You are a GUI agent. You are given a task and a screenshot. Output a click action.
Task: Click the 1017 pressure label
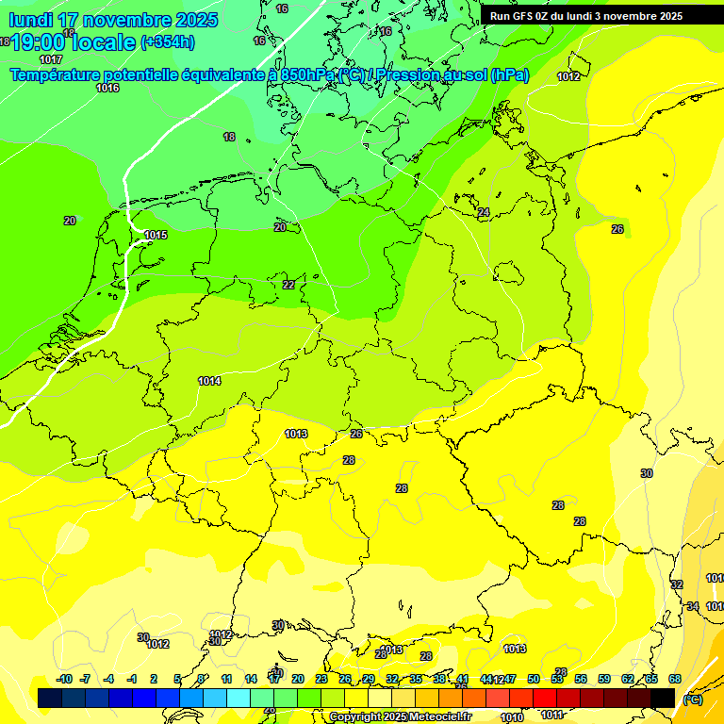[x=52, y=59]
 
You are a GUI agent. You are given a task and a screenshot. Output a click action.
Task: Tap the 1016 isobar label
[x=107, y=88]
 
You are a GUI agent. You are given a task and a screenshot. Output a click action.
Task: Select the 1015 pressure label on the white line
[x=156, y=235]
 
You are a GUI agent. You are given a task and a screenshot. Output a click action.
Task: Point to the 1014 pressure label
[x=209, y=381]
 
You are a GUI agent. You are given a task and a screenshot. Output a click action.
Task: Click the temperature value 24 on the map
[x=484, y=212]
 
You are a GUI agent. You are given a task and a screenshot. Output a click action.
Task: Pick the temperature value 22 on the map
[x=288, y=285]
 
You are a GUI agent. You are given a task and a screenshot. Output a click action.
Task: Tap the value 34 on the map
[x=693, y=606]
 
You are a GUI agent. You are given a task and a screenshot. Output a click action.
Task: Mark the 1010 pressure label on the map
[x=512, y=717]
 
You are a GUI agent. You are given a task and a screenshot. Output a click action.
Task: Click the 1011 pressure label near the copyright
[x=552, y=715]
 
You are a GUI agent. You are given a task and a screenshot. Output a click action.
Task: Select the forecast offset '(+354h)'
[x=167, y=41]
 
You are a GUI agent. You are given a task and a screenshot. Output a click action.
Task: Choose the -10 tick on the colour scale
[x=64, y=679]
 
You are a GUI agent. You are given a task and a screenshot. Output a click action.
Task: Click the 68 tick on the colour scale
[x=675, y=679]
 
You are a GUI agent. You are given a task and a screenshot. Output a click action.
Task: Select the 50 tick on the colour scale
[x=534, y=679]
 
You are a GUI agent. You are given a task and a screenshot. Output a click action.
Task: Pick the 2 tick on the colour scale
[x=154, y=679]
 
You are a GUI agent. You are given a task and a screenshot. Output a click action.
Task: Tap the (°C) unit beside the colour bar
[x=692, y=699]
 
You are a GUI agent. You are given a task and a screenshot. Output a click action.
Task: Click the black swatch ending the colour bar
[x=663, y=698]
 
